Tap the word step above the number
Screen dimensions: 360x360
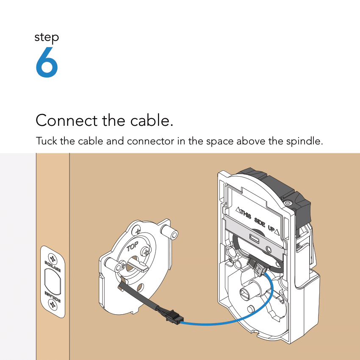47,38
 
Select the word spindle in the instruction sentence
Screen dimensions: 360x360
306,141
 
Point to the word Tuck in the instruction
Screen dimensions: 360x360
47,141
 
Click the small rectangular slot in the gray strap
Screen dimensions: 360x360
255,238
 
